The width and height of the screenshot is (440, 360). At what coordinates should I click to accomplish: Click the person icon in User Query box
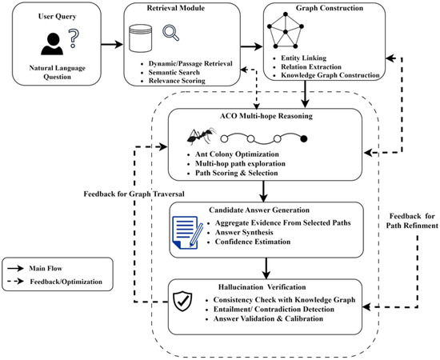pos(52,44)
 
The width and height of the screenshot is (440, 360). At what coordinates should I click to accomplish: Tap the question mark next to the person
pos(74,38)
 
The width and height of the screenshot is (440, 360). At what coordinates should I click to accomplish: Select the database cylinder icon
pos(140,38)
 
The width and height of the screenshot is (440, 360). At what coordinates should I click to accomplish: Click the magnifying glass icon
pos(170,33)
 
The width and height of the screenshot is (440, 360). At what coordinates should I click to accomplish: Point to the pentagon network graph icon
pos(286,30)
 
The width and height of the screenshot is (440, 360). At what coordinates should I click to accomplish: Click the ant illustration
pos(202,136)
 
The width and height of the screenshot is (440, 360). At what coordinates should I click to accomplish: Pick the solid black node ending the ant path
pos(304,138)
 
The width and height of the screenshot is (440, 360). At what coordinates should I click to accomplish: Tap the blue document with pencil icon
pos(187,232)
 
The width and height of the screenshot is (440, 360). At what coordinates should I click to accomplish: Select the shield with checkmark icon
pos(182,301)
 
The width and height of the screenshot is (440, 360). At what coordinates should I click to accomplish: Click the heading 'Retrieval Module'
pos(176,8)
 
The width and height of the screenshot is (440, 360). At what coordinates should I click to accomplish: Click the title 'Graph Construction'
pos(330,8)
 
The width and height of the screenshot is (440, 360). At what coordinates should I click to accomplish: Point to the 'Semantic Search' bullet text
pos(174,72)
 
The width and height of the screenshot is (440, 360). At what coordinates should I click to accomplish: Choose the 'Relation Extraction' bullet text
pos(311,66)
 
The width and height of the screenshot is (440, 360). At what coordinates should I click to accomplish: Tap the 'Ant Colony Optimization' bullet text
pos(237,154)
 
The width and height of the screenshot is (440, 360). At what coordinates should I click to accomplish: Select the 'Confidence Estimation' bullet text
pos(253,242)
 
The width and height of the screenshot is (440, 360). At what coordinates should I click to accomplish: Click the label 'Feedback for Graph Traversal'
pos(134,194)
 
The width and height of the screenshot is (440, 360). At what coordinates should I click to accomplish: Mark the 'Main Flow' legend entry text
pos(46,269)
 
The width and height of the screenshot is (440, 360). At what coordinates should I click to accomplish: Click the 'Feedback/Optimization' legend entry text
pos(66,282)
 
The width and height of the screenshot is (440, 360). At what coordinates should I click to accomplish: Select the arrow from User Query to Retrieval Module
pos(112,44)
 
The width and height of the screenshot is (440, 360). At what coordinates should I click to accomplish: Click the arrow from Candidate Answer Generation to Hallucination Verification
pos(266,269)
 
